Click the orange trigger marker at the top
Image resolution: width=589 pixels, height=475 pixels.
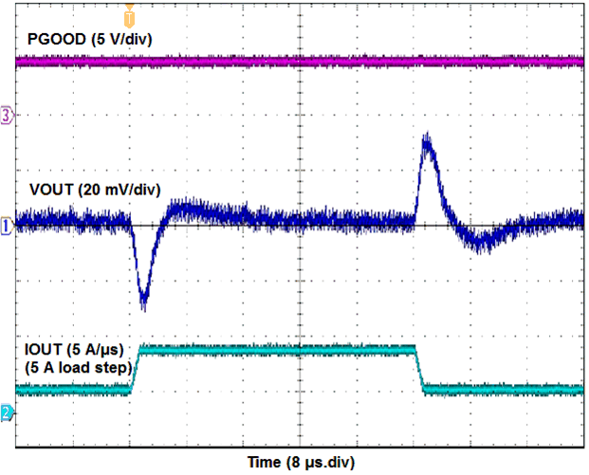(x=130, y=15)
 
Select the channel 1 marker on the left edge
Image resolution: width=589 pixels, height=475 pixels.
(x=7, y=226)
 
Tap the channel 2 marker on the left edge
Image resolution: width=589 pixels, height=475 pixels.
(x=7, y=412)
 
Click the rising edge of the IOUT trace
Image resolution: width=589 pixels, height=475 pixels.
(x=135, y=370)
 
